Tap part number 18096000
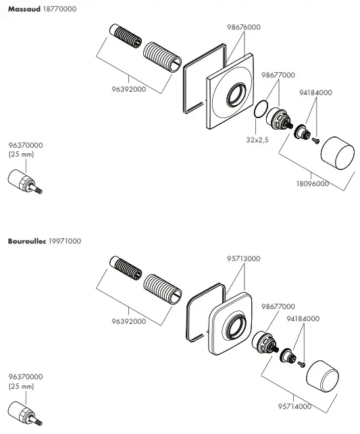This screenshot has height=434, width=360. [x=311, y=183]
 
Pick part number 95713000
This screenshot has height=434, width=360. [x=244, y=259]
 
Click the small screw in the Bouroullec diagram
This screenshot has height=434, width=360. [x=302, y=364]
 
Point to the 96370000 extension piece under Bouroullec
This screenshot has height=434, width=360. [x=24, y=415]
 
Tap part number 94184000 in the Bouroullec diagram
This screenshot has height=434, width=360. [x=304, y=318]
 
